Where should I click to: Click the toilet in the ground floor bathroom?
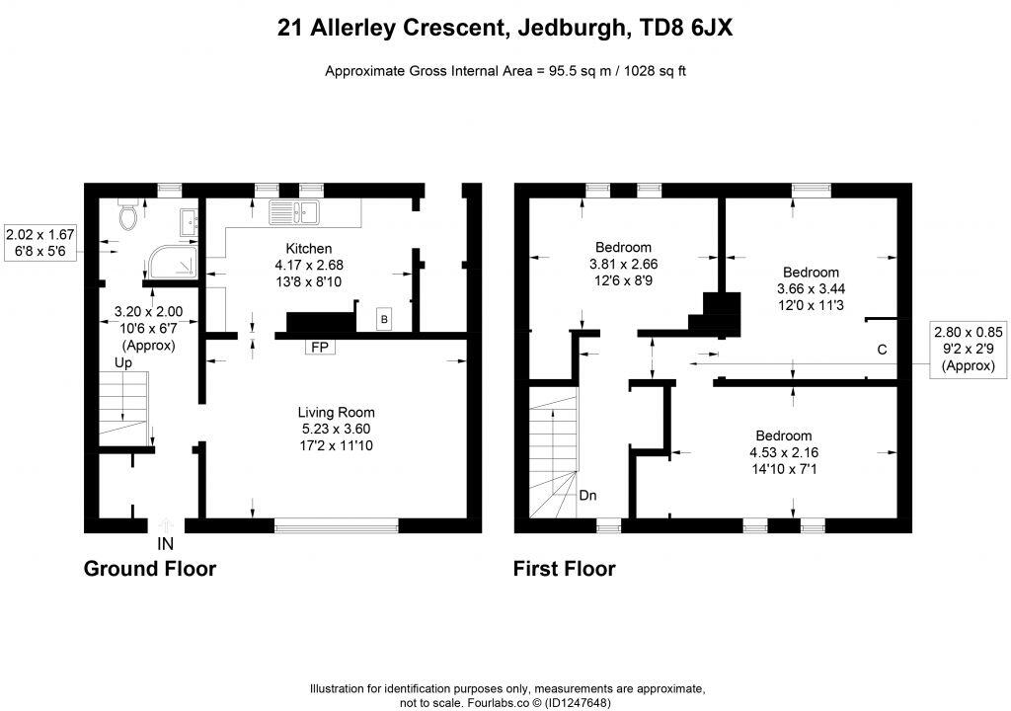(126, 216)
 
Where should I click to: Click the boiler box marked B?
(383, 319)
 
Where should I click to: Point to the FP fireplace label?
(318, 348)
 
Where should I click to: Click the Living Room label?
(337, 412)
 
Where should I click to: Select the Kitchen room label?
(309, 248)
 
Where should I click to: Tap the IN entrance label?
(166, 543)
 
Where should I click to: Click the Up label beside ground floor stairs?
(123, 362)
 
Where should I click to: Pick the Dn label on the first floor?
(587, 495)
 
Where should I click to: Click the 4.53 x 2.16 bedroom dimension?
(783, 452)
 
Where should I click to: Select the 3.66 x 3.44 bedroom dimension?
(811, 288)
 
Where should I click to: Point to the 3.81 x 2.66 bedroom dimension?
(623, 264)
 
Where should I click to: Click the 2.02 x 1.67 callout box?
(39, 244)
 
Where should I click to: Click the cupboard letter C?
(882, 350)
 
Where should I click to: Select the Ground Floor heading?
(149, 569)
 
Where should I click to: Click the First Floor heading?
(564, 569)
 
